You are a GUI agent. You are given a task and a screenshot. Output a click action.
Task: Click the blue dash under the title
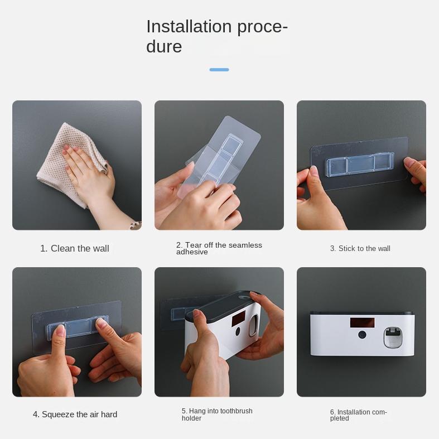coord(219,70)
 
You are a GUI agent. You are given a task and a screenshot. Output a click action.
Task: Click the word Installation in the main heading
coord(189,27)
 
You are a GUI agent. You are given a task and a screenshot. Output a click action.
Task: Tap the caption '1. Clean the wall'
coord(75,248)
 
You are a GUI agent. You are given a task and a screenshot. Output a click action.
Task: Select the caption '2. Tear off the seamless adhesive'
coord(219,248)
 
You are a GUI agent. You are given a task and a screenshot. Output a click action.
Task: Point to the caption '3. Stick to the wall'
coord(360,248)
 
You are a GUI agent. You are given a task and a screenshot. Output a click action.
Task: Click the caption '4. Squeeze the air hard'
coord(75,414)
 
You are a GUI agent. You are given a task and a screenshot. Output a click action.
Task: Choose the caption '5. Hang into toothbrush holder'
coord(217,414)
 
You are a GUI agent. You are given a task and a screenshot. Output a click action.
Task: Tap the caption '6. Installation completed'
coord(358,415)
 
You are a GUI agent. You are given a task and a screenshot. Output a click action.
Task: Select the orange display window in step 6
coord(362,322)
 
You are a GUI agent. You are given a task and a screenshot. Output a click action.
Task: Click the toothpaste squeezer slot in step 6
coord(394,338)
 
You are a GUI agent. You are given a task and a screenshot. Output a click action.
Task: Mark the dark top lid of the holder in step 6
coord(362,313)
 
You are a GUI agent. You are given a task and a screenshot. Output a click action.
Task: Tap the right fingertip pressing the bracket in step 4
coord(102,324)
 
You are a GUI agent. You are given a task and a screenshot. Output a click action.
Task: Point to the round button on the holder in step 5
coord(238,331)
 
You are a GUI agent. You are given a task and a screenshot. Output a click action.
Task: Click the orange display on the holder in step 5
coord(238,319)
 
